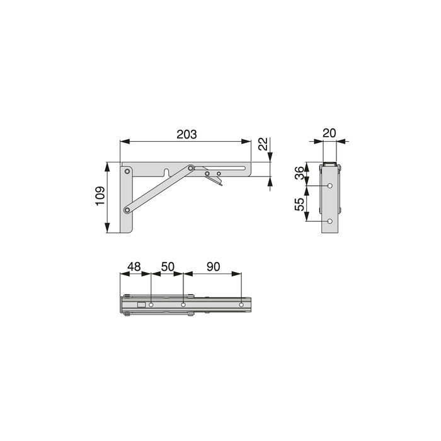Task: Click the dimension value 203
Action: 186,134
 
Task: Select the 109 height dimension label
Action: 98,198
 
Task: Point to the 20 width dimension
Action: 329,133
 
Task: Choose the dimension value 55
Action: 300,205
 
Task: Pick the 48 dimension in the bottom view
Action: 134,266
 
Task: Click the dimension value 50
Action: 167,266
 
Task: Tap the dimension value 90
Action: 212,266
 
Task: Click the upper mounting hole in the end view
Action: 331,186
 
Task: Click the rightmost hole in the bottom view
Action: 241,306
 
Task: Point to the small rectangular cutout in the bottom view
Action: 142,306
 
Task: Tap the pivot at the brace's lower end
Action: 127,209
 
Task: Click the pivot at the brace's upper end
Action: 190,168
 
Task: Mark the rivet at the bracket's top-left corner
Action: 127,170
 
